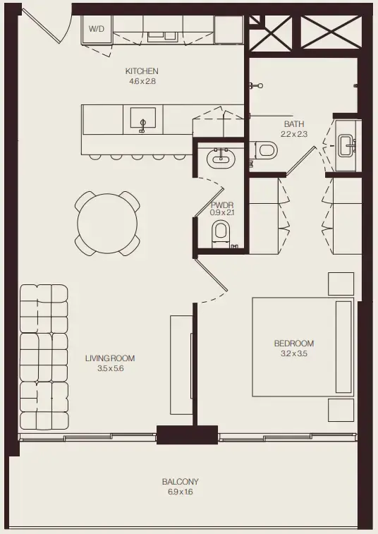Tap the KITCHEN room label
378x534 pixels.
(141, 71)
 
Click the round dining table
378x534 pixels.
(107, 224)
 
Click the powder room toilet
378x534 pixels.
(221, 231)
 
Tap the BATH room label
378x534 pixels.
(294, 123)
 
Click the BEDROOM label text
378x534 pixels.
(293, 344)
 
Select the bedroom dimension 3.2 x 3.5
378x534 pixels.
(293, 354)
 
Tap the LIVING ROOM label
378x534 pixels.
(109, 358)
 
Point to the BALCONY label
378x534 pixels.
(180, 482)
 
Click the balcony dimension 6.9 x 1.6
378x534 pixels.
(180, 492)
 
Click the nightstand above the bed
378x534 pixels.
(341, 284)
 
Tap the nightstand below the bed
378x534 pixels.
(341, 410)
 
